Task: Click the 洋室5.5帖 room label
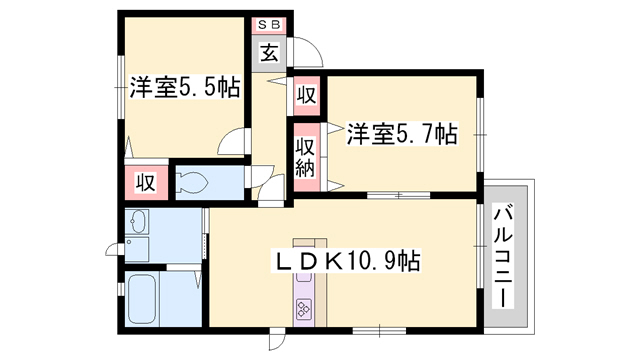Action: (184, 87)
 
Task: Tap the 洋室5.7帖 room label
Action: (402, 133)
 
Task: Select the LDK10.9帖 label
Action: (346, 260)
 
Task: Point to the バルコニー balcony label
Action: (503, 258)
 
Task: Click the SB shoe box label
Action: (269, 24)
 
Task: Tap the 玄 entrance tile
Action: (269, 53)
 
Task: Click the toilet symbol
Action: (191, 182)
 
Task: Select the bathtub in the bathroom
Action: (142, 298)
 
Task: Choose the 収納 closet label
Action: (306, 157)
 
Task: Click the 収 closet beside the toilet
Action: (146, 182)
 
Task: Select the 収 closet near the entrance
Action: (306, 95)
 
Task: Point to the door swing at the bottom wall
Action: (277, 340)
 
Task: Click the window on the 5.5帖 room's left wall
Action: (120, 87)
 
